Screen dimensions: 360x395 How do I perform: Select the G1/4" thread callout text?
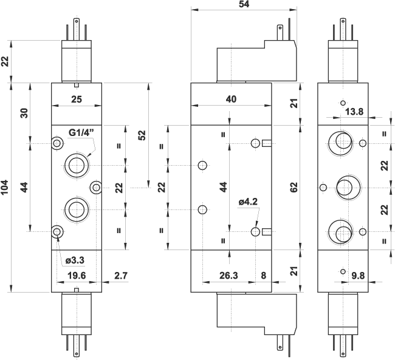click(81, 133)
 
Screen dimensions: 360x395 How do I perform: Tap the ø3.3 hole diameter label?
click(74, 260)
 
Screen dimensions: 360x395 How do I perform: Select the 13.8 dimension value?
click(355, 111)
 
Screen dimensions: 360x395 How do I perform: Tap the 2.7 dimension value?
click(121, 276)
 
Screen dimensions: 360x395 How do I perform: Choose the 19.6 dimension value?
click(76, 276)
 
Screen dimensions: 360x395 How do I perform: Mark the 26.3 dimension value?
click(228, 276)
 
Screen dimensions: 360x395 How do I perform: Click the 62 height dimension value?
click(294, 188)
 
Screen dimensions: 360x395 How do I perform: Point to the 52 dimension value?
click(142, 135)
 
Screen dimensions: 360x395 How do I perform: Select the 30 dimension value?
click(24, 113)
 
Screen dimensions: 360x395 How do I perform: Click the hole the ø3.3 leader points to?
click(57, 231)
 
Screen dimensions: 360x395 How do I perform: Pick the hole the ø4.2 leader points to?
click(256, 231)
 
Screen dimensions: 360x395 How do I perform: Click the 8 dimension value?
click(263, 276)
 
